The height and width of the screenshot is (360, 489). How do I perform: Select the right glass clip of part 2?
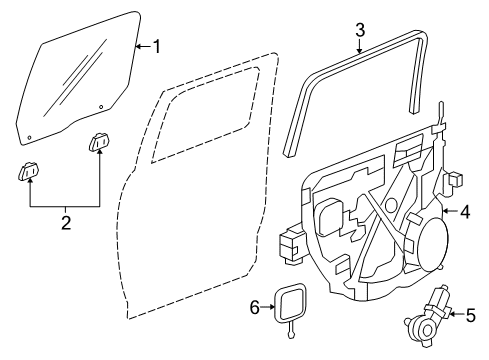click(100, 145)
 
